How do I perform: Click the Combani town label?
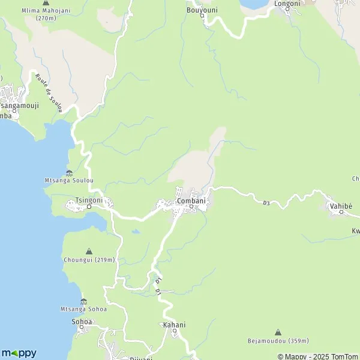coord(191,200)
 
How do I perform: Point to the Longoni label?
coord(287,4)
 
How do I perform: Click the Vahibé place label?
coord(341,206)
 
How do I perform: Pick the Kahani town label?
coord(174,325)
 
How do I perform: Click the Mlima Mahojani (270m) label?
coord(46,14)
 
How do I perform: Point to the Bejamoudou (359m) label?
coord(278,341)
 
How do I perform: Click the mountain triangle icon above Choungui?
coord(89,251)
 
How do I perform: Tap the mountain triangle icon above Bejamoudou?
coord(278,332)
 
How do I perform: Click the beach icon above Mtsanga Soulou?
coord(69,173)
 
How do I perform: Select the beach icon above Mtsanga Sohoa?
coord(83,301)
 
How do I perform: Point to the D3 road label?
coord(266,203)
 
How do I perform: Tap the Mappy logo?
coord(19,353)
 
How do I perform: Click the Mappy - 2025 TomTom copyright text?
coord(317,356)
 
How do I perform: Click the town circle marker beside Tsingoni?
coord(89,207)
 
